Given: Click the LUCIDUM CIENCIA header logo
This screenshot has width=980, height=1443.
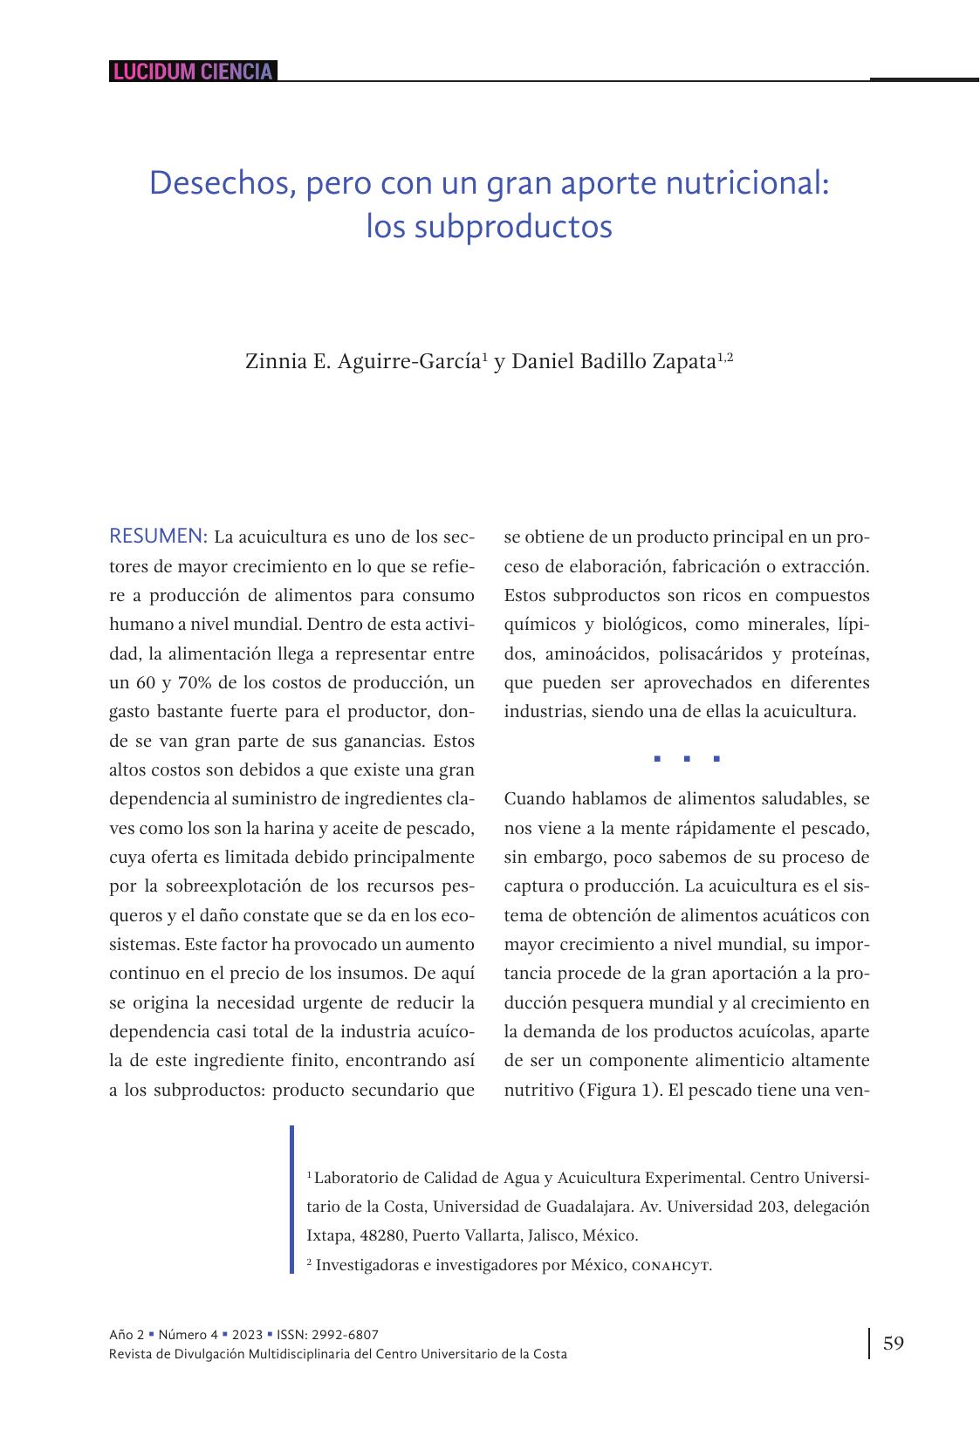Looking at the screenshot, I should pos(193,72).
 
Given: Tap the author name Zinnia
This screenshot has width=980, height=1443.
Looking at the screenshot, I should pos(271,361).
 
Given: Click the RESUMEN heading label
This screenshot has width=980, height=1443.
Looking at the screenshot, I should pos(158,536).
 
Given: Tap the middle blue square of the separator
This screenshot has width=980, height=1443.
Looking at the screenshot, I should pos(687,759).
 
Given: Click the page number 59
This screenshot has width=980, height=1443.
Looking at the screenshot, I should pos(894,1343).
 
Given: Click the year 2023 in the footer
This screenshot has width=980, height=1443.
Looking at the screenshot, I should pos(247,1335).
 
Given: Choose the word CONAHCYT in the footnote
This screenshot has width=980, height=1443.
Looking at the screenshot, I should pos(670,1265).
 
